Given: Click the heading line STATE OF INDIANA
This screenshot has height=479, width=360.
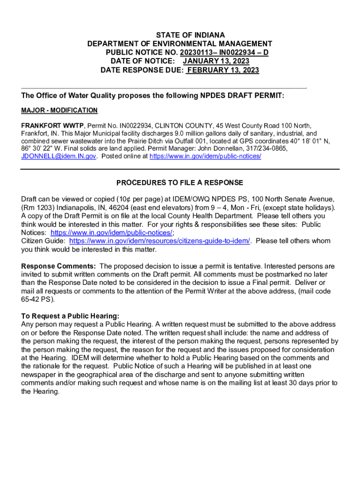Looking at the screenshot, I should pyautogui.click(x=190, y=35).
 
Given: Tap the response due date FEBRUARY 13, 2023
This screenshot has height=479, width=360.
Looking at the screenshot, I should pyautogui.click(x=223, y=70).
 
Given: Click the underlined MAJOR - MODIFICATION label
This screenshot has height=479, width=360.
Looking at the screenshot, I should pyautogui.click(x=59, y=110).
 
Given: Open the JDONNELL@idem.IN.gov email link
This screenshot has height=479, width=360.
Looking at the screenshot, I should pyautogui.click(x=59, y=156).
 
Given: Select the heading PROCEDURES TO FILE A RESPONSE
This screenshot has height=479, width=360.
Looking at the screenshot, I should pyautogui.click(x=180, y=182).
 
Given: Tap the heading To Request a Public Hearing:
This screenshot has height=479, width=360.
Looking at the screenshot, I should pyautogui.click(x=70, y=316).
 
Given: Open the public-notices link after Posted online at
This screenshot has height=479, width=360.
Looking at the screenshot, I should pyautogui.click(x=205, y=156).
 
